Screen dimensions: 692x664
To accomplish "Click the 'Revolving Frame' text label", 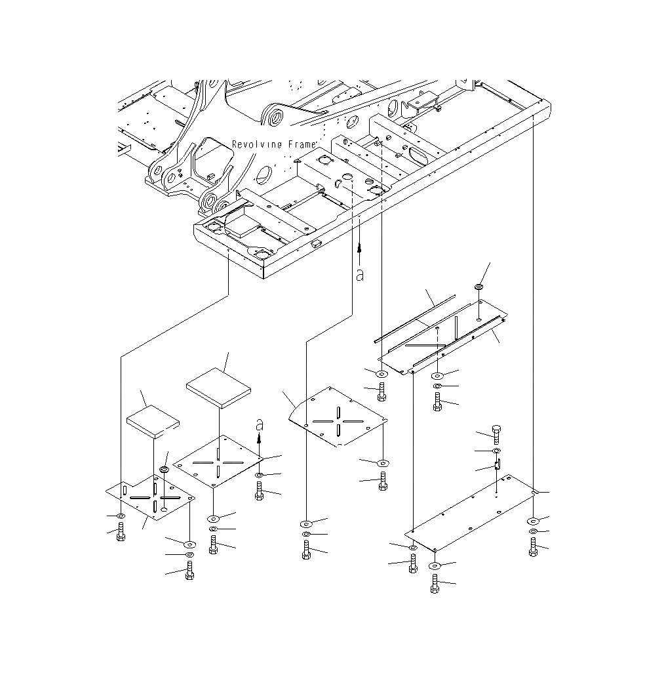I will [x=275, y=144].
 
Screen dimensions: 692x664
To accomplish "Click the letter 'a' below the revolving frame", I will [x=359, y=275].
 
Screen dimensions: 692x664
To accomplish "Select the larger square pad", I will [x=218, y=388].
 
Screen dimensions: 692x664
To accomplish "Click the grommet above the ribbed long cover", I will [x=479, y=287].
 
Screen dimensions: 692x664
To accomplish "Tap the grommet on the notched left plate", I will [x=164, y=470].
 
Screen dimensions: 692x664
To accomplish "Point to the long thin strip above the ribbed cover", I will [x=414, y=319].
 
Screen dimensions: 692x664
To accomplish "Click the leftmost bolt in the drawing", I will [x=121, y=534].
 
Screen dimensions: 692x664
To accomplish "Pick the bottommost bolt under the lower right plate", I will [x=435, y=583].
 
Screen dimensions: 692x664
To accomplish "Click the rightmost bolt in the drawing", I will [x=534, y=547].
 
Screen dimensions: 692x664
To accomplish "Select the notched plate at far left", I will [x=151, y=499].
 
